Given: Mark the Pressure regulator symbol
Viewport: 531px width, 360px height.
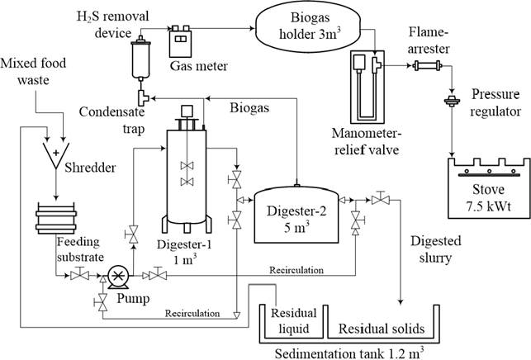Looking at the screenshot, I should [451, 103].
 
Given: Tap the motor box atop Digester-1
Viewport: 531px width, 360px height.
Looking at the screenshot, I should [187, 110].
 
